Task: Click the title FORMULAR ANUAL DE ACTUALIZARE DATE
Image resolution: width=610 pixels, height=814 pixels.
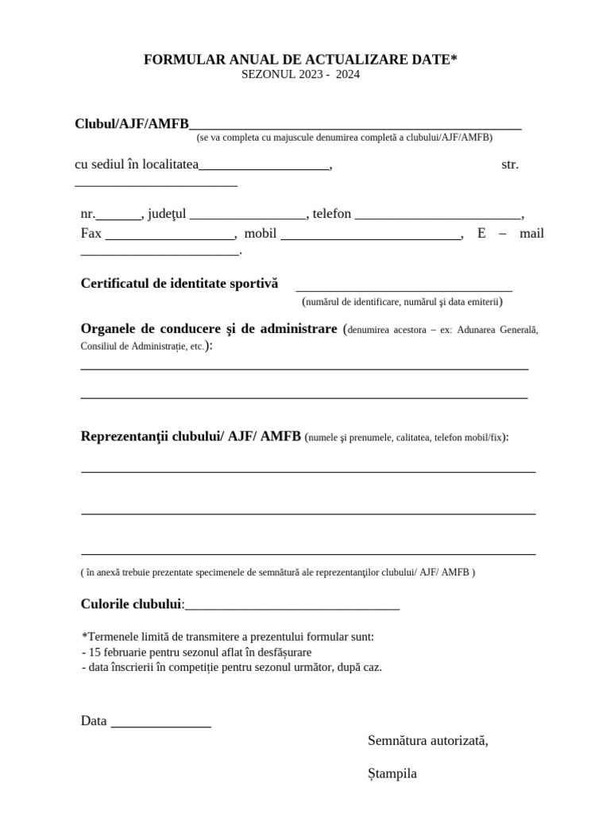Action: coord(300,60)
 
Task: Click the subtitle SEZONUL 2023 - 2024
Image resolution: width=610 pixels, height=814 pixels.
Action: coord(300,74)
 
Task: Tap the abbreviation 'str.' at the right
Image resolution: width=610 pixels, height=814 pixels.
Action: coord(510,165)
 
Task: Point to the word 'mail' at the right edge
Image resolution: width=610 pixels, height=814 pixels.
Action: coord(531,234)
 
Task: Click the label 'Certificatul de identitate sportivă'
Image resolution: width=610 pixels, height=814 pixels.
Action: coord(180,284)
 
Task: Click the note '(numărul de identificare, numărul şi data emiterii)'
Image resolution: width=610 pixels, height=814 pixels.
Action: coord(402,302)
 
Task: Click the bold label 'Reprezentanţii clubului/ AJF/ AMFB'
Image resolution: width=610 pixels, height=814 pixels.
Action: coord(191,436)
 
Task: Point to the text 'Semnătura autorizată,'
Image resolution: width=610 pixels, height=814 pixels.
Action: coord(428,741)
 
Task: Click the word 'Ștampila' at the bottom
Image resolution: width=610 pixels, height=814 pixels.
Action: coord(392,773)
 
